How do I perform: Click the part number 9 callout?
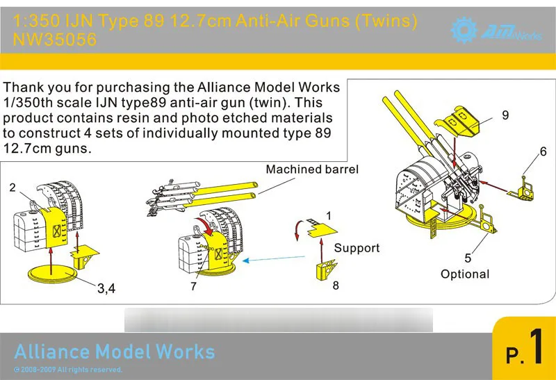[x=505, y=116]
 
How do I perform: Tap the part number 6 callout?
[x=543, y=151]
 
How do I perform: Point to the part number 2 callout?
[x=13, y=188]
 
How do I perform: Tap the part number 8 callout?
[x=335, y=284]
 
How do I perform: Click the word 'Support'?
[x=357, y=248]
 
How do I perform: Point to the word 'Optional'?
[x=465, y=274]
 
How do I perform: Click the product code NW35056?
[x=55, y=40]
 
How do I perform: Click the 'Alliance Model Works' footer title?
[x=115, y=351]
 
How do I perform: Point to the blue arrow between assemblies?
[x=279, y=259]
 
